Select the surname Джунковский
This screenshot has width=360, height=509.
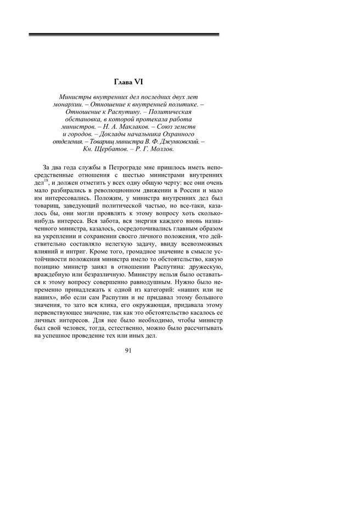click(x=182, y=141)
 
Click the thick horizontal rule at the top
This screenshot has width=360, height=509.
click(x=123, y=35)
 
